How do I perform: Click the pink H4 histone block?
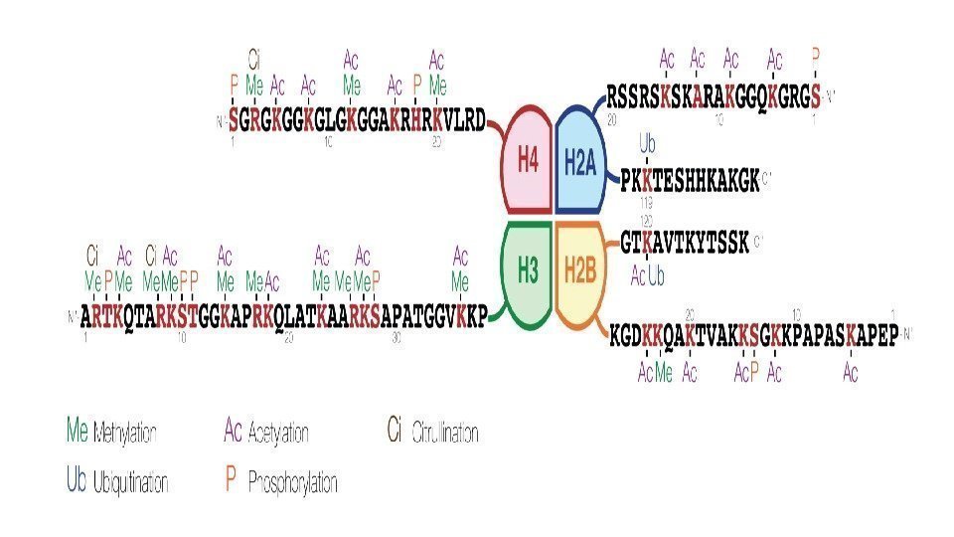pyautogui.click(x=526, y=161)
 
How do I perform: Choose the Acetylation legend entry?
pyautogui.click(x=266, y=431)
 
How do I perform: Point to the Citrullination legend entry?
pyautogui.click(x=432, y=431)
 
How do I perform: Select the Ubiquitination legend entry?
pyautogui.click(x=116, y=481)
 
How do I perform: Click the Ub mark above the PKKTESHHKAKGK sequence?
pyautogui.click(x=647, y=144)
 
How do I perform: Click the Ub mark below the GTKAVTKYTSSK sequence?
pyautogui.click(x=657, y=275)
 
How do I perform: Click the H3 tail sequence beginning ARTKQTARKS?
pyautogui.click(x=284, y=317)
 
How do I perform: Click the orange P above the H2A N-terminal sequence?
pyautogui.click(x=816, y=56)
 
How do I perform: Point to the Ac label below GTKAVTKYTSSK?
pyautogui.click(x=638, y=275)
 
